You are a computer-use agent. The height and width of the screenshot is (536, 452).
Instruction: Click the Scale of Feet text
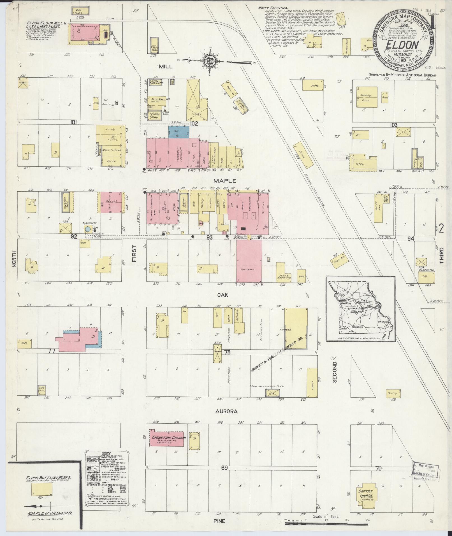pos(326,516)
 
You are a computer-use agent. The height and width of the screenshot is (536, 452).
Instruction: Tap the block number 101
pos(74,122)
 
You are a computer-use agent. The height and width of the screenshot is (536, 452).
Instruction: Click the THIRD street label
pos(442,256)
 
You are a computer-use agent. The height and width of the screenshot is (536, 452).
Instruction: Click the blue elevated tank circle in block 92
pos(88,229)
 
